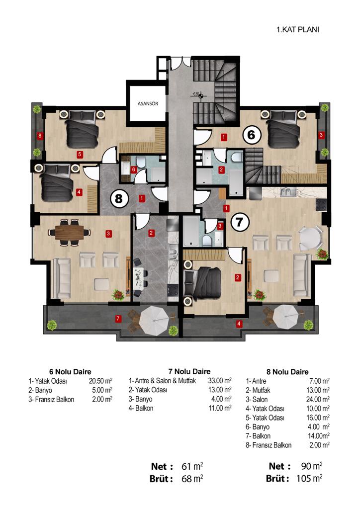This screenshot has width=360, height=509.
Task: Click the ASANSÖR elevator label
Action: coord(148,103)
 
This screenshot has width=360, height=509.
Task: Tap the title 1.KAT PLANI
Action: coord(298,29)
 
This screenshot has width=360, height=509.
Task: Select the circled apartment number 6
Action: coord(251,134)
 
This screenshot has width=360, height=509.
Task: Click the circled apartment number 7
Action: coord(239,222)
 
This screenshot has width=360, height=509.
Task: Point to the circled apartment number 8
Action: coord(119,198)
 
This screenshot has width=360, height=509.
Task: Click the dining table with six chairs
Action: coord(69,232)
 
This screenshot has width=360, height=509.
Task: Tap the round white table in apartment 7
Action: coord(310,238)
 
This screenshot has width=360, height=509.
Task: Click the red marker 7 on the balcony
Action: coord(118,319)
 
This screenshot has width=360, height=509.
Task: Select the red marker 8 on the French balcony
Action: coord(40,135)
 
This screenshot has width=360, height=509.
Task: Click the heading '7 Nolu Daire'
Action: coord(189,371)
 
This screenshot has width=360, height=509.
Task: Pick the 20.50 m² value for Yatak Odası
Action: coord(100,381)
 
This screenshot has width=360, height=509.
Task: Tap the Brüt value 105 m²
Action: coord(309,479)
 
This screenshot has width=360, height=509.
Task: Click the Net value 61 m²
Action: coord(192,466)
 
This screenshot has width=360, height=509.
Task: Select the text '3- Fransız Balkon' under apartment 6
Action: coord(51,399)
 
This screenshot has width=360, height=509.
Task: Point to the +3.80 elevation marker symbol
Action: coord(201,95)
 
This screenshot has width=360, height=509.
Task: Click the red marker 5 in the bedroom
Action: coord(80,155)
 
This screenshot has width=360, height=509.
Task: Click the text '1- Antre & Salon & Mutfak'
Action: coord(162,381)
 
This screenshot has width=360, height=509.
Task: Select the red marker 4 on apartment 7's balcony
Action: coord(239,324)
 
